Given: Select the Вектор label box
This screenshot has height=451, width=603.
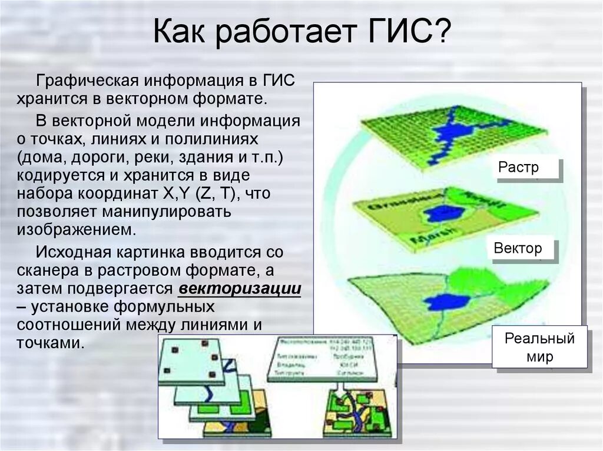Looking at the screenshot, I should click(x=518, y=248).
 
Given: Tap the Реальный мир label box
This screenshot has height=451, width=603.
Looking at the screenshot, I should click(x=540, y=348).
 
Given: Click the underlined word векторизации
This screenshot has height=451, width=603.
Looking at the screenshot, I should click(x=240, y=289).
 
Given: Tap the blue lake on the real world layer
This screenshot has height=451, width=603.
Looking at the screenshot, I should click(x=447, y=302).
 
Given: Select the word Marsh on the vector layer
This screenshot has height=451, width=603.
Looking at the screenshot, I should click(x=429, y=238).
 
